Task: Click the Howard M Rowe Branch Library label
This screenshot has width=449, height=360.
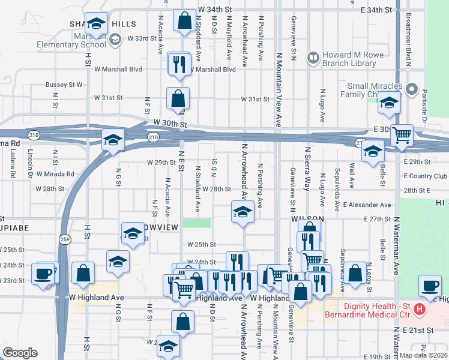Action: pos(354,59)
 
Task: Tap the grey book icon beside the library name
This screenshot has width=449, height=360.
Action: pos(313,58)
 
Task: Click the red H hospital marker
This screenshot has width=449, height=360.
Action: pos(419,310)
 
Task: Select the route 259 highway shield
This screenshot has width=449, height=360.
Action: pos(64,239)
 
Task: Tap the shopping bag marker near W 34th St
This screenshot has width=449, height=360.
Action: pos(184,21)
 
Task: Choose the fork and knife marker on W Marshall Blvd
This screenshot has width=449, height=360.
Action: pos(179,64)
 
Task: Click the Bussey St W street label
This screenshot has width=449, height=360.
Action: pos(64,85)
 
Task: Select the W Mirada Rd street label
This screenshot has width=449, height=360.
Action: pos(55,174)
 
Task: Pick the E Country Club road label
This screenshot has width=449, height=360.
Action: pos(426,176)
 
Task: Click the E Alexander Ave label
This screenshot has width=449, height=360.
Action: pos(369,205)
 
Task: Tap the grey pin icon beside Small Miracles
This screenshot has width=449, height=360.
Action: pos(411,89)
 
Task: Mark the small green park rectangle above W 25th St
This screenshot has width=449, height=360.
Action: pos(197,223)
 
